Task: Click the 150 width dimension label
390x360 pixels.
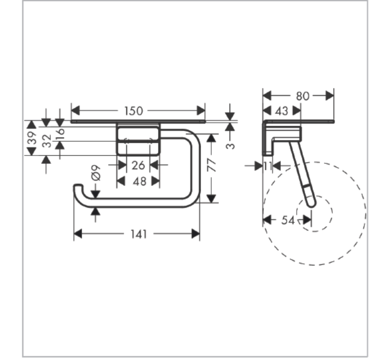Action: tap(134, 111)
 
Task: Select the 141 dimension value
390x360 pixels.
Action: tap(139, 234)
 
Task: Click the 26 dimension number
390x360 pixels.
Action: tap(138, 165)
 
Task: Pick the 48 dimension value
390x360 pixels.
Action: tap(139, 181)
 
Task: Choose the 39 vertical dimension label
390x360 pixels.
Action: tap(32, 138)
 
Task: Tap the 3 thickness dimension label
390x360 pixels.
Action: tap(230, 145)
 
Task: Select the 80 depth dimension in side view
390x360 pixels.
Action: tap(302, 96)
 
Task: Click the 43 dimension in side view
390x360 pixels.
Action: tap(281, 111)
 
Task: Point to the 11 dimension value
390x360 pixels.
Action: tap(268, 166)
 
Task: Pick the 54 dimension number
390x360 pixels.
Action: tap(288, 220)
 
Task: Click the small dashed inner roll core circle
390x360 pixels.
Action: tap(314, 214)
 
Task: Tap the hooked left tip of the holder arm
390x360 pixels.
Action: tap(78, 186)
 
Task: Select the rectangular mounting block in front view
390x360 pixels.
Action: tap(138, 140)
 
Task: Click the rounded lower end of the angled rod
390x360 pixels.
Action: tap(312, 204)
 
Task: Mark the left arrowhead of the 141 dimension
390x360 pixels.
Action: tap(78, 234)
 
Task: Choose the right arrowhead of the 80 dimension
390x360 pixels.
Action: tap(330, 96)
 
